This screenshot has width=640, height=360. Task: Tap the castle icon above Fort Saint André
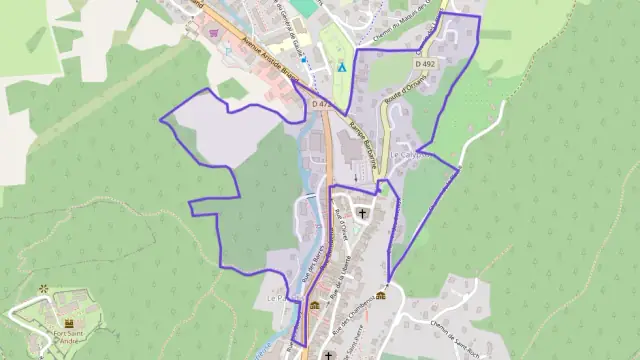point(69,323)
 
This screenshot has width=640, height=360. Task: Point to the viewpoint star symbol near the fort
point(43,290)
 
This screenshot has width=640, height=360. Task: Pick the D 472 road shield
point(320,103)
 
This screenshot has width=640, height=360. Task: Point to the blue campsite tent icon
point(341,67)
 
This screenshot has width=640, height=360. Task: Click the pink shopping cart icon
point(213,34)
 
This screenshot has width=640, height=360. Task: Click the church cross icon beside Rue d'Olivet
point(362,213)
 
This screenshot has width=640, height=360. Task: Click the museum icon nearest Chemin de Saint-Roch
point(380,295)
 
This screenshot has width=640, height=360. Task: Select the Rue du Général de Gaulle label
point(292,30)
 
